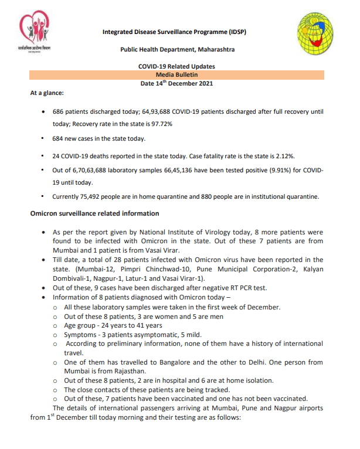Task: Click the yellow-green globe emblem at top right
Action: (x=318, y=36)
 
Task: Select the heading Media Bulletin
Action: (x=176, y=75)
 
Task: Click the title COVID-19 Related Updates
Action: (x=176, y=67)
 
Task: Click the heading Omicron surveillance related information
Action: (x=94, y=213)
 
